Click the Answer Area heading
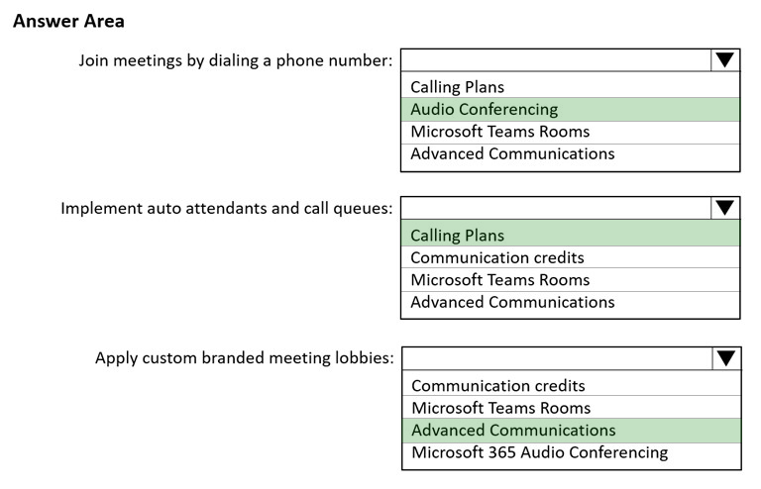[x=68, y=22]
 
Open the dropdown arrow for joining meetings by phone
[x=725, y=60]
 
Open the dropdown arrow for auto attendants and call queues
[x=725, y=208]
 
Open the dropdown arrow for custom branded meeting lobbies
[x=726, y=358]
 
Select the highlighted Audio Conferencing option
[x=484, y=110]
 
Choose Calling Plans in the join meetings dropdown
[x=457, y=87]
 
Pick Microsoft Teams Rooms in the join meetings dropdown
[x=499, y=132]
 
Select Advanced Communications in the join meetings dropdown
[x=512, y=153]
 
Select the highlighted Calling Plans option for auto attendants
[x=457, y=236]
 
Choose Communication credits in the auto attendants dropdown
[x=497, y=257]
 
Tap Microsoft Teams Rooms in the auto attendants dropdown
[x=499, y=280]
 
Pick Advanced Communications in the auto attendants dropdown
[x=512, y=303]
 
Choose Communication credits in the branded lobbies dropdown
[x=498, y=386]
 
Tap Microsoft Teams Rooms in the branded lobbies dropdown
[x=500, y=408]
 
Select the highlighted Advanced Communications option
[x=513, y=431]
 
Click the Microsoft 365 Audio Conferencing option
[x=540, y=452]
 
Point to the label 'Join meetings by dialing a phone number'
[x=236, y=60]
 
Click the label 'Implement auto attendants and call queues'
[x=227, y=209]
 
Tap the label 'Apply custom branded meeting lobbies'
[x=244, y=358]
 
